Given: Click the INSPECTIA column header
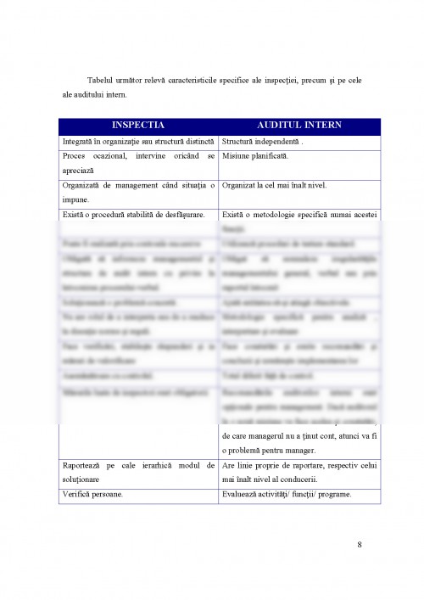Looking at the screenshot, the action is point(138,125).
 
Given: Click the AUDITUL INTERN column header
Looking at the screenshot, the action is point(299,125).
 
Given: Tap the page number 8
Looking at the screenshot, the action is point(360,544).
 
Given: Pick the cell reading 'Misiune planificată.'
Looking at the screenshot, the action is point(255,157).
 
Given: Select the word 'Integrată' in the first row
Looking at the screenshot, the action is point(80,142).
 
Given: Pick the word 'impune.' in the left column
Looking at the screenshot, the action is point(76,198).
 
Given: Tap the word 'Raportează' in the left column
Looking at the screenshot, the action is point(84,466).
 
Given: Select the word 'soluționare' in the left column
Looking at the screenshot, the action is point(83,479).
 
